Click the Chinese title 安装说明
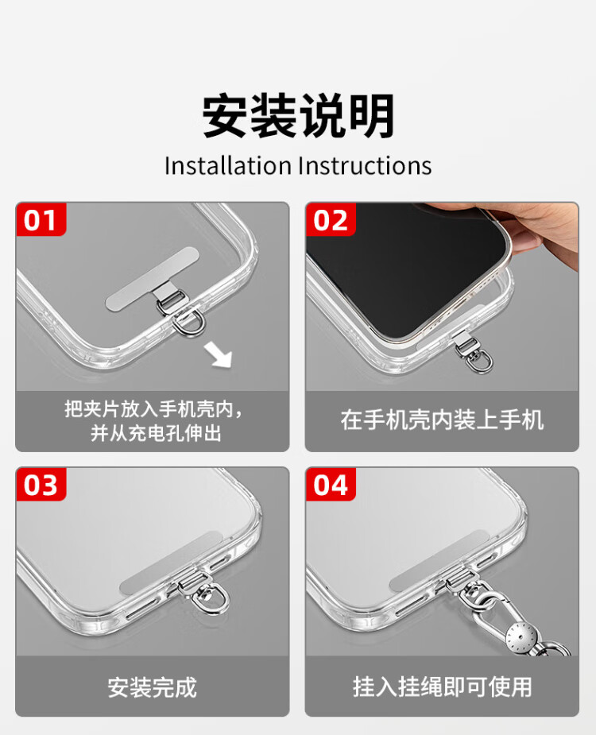(x=298, y=115)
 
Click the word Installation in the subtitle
(x=228, y=166)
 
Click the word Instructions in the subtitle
(x=365, y=166)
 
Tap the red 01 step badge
(x=41, y=219)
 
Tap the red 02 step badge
(x=331, y=219)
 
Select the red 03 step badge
(x=41, y=484)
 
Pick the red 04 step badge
(x=331, y=484)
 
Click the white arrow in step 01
(x=218, y=355)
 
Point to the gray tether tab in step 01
(x=153, y=280)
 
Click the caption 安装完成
(x=153, y=687)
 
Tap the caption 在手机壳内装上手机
(x=442, y=420)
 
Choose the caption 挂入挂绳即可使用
(x=442, y=687)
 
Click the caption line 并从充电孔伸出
(x=156, y=432)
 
